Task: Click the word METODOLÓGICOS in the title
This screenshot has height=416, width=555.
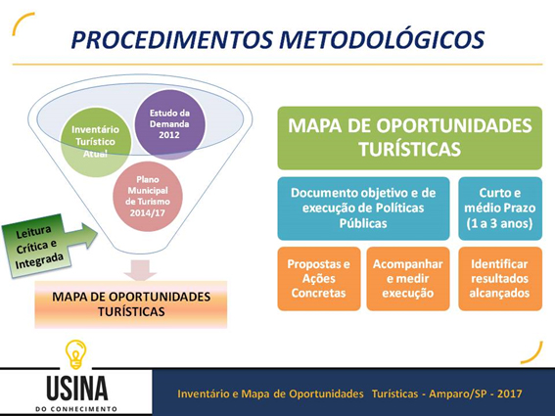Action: coord(383,39)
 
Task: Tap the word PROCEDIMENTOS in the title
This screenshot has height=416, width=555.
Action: coord(172,39)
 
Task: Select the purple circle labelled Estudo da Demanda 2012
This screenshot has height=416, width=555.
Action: coord(170,124)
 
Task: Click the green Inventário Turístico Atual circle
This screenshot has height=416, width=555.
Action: coord(96,142)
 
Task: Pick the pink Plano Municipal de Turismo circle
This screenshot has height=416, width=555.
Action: coord(148,197)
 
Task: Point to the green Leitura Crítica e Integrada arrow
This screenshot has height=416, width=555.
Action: coord(49,246)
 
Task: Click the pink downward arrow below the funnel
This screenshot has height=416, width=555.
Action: coord(140,270)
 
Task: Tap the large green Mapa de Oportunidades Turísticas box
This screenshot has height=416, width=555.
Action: coord(410,138)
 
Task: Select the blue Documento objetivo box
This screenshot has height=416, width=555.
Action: coord(363,208)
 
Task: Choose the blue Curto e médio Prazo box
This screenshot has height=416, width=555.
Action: coord(500,208)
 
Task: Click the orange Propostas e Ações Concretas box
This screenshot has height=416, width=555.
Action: coord(319,279)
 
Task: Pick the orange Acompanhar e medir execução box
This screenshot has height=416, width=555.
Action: coord(408,279)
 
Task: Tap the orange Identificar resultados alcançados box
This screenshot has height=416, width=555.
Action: coord(500,279)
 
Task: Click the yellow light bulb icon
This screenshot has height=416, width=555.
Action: coord(75,354)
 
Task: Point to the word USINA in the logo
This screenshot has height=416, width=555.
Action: coord(76,389)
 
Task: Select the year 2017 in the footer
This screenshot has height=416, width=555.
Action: coord(509,393)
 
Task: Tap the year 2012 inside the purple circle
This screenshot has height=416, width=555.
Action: coord(168,135)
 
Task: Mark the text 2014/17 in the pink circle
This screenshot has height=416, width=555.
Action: coord(147,212)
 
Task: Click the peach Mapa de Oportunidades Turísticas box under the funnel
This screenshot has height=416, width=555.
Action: coord(131,304)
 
